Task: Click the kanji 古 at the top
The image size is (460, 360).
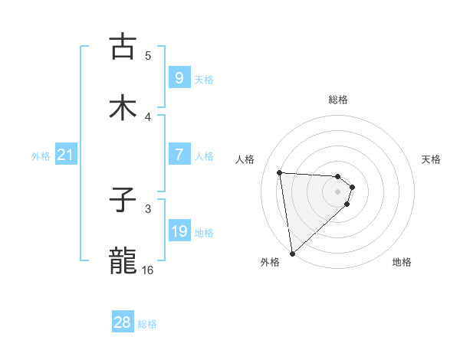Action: pyautogui.click(x=123, y=47)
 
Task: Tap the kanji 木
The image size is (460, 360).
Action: pyautogui.click(x=123, y=108)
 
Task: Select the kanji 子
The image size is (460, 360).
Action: pyautogui.click(x=123, y=201)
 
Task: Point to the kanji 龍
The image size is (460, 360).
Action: pyautogui.click(x=123, y=261)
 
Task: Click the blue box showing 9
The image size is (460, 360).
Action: pyautogui.click(x=179, y=77)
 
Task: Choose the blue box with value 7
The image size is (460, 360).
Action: pyautogui.click(x=179, y=155)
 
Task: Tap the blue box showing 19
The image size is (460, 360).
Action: pyautogui.click(x=179, y=231)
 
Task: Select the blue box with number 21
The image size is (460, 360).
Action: pyautogui.click(x=65, y=155)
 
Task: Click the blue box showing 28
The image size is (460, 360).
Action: pyautogui.click(x=123, y=322)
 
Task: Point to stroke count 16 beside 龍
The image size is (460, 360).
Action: pyautogui.click(x=148, y=270)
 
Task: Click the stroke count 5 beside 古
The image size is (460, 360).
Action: pyautogui.click(x=148, y=55)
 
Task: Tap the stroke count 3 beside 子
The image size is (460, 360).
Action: pyautogui.click(x=148, y=208)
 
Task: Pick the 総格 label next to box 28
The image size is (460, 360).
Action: pyautogui.click(x=147, y=324)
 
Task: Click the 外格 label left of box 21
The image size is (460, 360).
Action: pyautogui.click(x=41, y=156)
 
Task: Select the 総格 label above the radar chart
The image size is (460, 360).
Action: pyautogui.click(x=338, y=100)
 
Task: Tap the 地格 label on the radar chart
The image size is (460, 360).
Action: pyautogui.click(x=402, y=262)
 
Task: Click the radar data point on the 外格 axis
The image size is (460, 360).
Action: pyautogui.click(x=291, y=252)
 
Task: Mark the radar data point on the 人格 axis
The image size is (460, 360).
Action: pyautogui.click(x=280, y=172)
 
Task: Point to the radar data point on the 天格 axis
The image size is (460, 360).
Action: pyautogui.click(x=352, y=186)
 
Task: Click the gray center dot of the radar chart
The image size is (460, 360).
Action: pyautogui.click(x=338, y=191)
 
